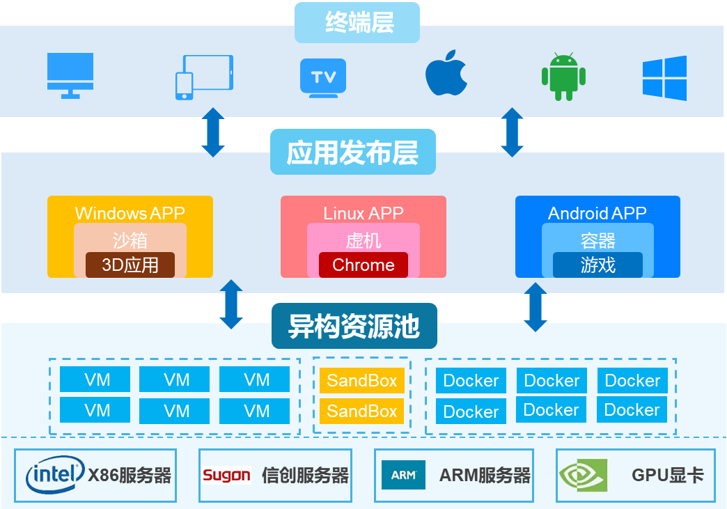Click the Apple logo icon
(x=446, y=72)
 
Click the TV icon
(x=323, y=77)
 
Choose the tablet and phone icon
(x=203, y=77)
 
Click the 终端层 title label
(x=358, y=23)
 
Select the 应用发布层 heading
(x=352, y=152)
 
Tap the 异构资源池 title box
(x=354, y=326)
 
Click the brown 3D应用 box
(x=130, y=265)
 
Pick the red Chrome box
(x=363, y=265)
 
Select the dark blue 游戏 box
(x=597, y=265)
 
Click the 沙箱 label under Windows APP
(x=130, y=240)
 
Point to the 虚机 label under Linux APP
(x=363, y=240)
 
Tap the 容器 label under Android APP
(x=597, y=240)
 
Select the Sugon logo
(x=226, y=476)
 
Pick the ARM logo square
(x=403, y=475)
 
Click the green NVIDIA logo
(x=583, y=475)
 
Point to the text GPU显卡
(x=667, y=476)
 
